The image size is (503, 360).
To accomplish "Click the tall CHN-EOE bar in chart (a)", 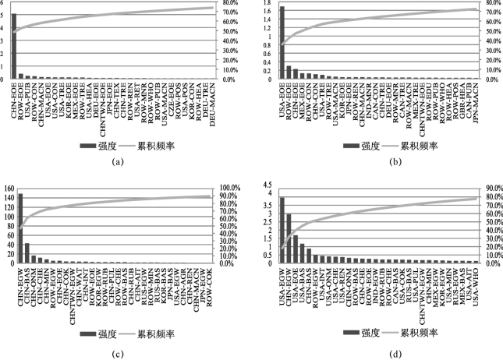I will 14,47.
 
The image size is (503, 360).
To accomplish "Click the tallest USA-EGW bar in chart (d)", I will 282,230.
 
